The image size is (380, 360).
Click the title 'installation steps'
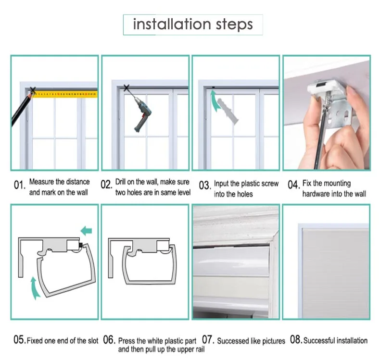click(193, 25)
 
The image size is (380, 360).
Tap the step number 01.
click(19, 185)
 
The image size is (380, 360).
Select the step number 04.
click(294, 185)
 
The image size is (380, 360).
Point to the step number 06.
click(109, 340)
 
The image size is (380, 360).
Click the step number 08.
click(296, 340)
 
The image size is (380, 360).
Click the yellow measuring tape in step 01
click(65, 94)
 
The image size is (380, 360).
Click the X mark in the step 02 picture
click(127, 87)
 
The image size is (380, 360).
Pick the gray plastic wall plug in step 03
click(228, 112)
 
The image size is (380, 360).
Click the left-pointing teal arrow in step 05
click(86, 231)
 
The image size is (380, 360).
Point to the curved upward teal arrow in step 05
click(35, 288)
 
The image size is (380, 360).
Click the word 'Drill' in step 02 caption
click(120, 182)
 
